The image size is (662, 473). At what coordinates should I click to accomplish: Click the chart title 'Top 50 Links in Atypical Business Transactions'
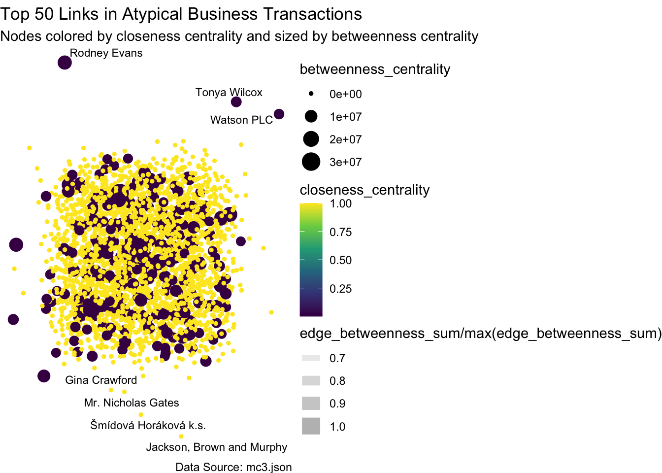pyautogui.click(x=181, y=14)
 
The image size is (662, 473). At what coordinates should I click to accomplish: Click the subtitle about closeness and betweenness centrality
pyautogui.click(x=239, y=36)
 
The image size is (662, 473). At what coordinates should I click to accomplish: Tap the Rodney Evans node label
pyautogui.click(x=106, y=53)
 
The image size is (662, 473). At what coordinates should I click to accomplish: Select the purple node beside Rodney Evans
pyautogui.click(x=65, y=63)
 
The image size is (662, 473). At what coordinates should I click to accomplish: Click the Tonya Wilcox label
pyautogui.click(x=229, y=92)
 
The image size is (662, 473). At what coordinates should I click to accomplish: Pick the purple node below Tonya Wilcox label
pyautogui.click(x=236, y=102)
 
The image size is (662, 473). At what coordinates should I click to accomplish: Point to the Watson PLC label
pyautogui.click(x=241, y=120)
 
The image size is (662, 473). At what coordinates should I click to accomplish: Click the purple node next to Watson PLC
pyautogui.click(x=279, y=114)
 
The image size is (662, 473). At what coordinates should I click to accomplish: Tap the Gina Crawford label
pyautogui.click(x=101, y=380)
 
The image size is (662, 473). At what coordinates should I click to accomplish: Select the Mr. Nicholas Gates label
pyautogui.click(x=132, y=403)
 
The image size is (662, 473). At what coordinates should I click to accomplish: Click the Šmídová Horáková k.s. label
pyautogui.click(x=148, y=425)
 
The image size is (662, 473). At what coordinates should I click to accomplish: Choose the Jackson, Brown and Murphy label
pyautogui.click(x=217, y=447)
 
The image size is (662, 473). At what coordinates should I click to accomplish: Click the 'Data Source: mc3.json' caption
pyautogui.click(x=233, y=467)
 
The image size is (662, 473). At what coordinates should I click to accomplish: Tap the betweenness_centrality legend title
pyautogui.click(x=375, y=69)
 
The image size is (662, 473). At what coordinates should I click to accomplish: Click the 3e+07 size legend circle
pyautogui.click(x=311, y=162)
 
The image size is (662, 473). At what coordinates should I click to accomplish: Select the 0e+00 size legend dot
pyautogui.click(x=311, y=94)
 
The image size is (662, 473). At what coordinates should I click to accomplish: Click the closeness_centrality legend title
pyautogui.click(x=364, y=190)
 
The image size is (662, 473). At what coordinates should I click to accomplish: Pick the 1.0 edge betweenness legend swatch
pyautogui.click(x=311, y=426)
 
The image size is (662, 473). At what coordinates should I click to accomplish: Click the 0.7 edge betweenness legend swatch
pyautogui.click(x=311, y=358)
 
